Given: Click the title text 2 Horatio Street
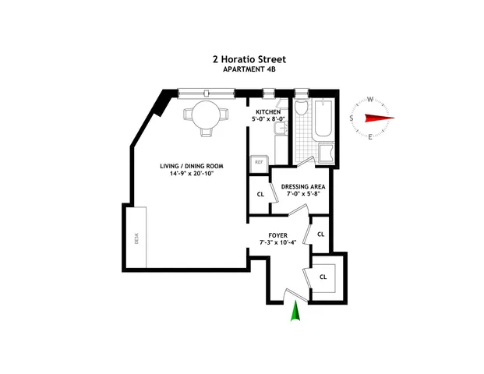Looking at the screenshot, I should pyautogui.click(x=242, y=58).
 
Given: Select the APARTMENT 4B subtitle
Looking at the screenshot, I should pyautogui.click(x=242, y=69).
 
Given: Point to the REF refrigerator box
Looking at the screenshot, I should pyautogui.click(x=258, y=162).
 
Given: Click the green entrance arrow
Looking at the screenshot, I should pyautogui.click(x=295, y=313).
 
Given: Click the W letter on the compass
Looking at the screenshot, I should pyautogui.click(x=369, y=99).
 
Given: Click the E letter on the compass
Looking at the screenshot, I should pyautogui.click(x=369, y=138).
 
